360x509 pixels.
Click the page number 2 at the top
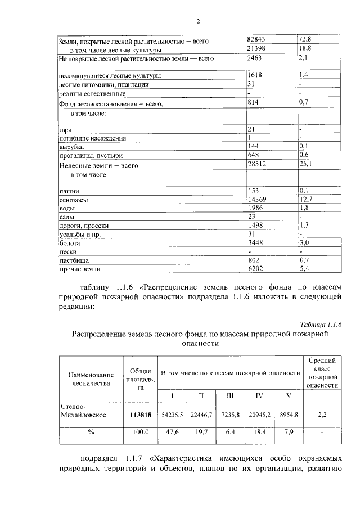pyautogui.click(x=198, y=22)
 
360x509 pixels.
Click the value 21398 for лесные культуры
pyautogui.click(x=257, y=49)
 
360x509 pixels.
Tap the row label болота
pyautogui.click(x=70, y=243)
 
